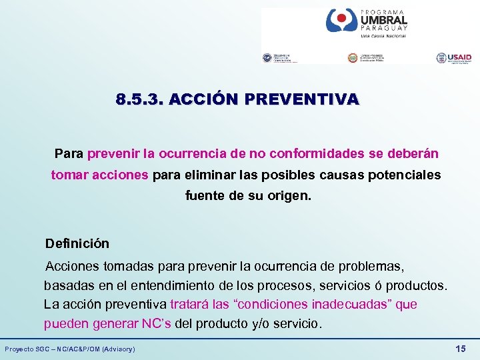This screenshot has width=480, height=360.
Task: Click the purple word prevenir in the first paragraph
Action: click(110, 153)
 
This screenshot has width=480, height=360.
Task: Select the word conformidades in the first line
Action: click(323, 153)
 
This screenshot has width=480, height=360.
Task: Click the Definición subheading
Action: click(77, 243)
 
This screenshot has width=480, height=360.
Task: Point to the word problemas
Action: click(371, 267)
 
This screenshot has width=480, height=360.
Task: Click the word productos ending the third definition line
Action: click(419, 285)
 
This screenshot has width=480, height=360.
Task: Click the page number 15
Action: click(459, 349)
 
